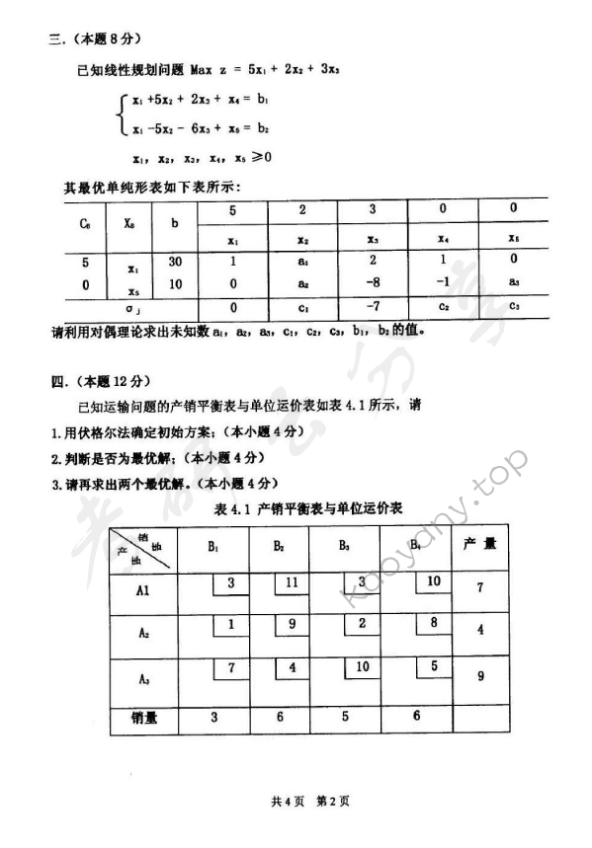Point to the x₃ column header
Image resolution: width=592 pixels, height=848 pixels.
click(373, 238)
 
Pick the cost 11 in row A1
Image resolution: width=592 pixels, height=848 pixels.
click(292, 582)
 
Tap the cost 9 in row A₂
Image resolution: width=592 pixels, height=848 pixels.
click(292, 623)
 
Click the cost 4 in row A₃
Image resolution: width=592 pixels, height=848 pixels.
click(292, 668)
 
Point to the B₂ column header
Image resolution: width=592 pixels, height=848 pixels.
click(279, 544)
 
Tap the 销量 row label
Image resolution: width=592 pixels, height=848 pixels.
click(144, 719)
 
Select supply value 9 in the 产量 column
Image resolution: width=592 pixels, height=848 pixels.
click(479, 677)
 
